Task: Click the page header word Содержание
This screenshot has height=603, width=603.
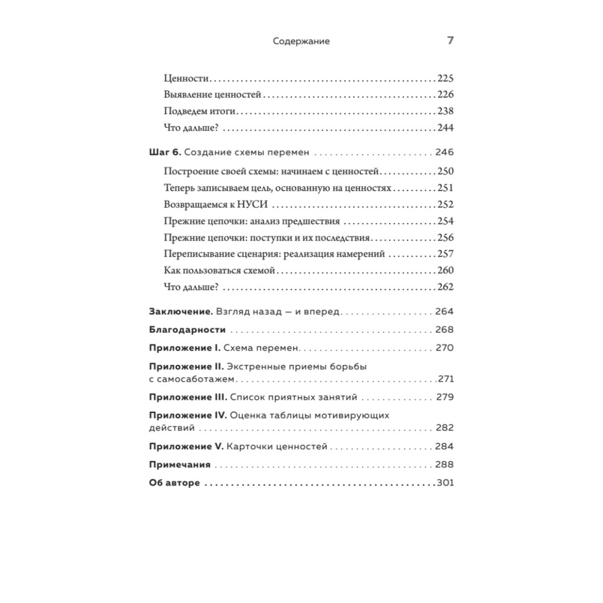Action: click(301, 42)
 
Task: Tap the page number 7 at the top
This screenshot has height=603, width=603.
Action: click(449, 41)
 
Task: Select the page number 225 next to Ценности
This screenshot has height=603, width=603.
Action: click(445, 78)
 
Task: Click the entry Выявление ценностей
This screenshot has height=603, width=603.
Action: click(212, 95)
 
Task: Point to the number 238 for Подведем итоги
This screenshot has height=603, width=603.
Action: click(445, 111)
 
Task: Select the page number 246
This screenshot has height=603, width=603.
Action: click(444, 152)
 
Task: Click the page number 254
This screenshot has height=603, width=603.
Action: click(445, 221)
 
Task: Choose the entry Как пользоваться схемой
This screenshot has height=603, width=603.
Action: click(219, 271)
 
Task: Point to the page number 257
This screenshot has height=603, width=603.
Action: click(445, 254)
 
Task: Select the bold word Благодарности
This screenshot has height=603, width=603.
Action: click(187, 330)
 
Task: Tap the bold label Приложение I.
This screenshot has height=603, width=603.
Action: click(184, 349)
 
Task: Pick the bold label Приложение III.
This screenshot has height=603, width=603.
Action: click(188, 397)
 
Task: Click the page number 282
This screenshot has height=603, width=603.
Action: click(444, 428)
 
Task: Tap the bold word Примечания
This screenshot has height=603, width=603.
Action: click(179, 465)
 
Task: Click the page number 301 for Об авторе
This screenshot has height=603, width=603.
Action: click(445, 484)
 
